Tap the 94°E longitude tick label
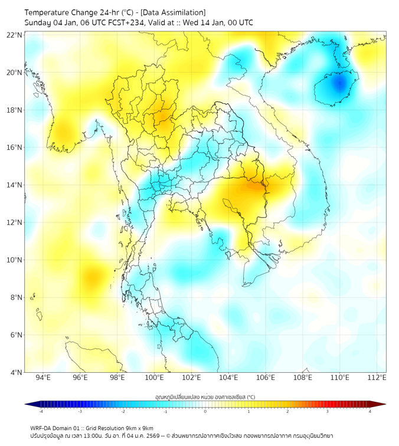pos(43,378)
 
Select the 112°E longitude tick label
pos(377,378)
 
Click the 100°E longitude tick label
pos(154,378)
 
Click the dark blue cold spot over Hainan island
pos(338,84)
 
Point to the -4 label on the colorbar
pos(41,411)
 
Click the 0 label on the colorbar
pos(205,411)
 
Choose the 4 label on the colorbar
pos(369,411)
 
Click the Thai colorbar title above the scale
pos(205,396)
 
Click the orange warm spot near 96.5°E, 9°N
pos(91,275)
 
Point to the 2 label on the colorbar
pos(287,411)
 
